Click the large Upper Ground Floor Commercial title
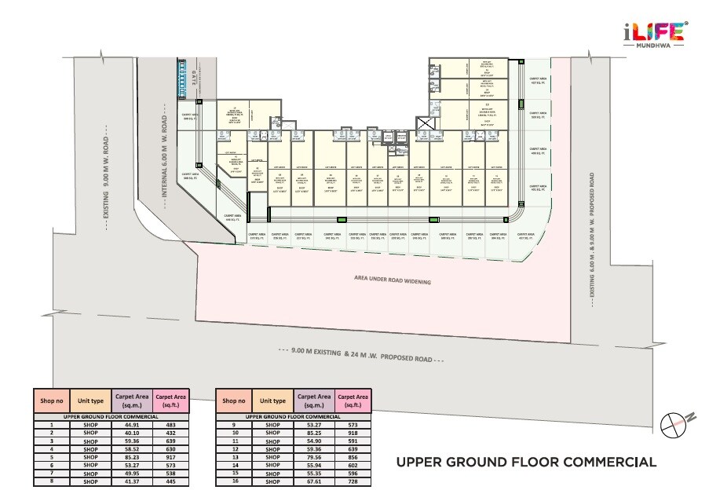pos(525,461)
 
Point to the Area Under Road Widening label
pos(392,280)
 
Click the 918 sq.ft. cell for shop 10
pos(353,432)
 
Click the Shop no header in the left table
pos(51,400)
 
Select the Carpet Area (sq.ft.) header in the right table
pos(353,400)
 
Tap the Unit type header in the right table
pos(272,400)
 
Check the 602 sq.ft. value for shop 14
pos(353,463)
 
